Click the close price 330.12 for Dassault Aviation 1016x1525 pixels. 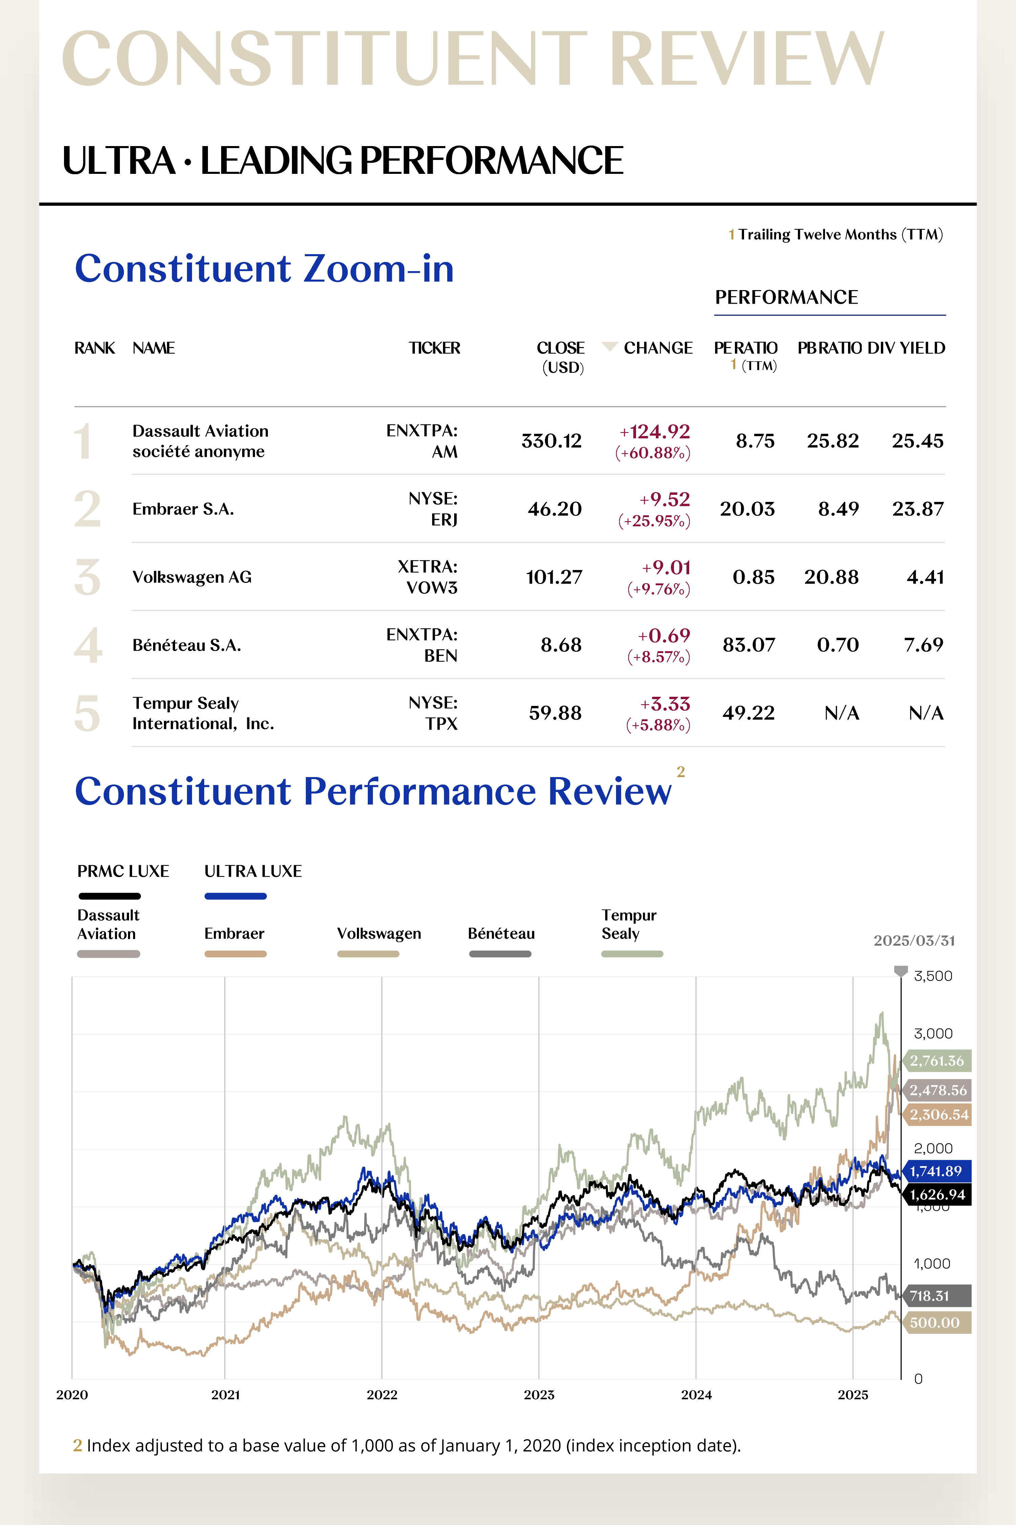click(x=551, y=441)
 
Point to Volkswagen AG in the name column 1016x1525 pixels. click(x=192, y=577)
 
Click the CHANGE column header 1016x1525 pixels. click(x=658, y=348)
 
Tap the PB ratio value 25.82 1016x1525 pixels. click(x=833, y=441)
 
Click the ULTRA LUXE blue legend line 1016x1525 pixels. click(x=235, y=896)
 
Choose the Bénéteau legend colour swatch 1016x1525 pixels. click(x=500, y=954)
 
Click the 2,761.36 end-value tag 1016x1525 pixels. click(x=937, y=1061)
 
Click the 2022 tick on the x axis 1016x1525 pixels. click(x=382, y=1395)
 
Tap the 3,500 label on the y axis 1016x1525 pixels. click(x=932, y=976)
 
